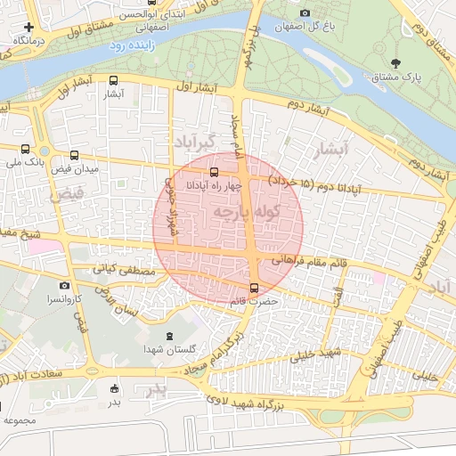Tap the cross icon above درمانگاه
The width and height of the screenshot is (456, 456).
point(29,28)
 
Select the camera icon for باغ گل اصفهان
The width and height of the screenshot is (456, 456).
point(305,12)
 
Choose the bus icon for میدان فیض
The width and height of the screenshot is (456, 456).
point(74,155)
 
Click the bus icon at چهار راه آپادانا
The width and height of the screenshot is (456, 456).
point(214,171)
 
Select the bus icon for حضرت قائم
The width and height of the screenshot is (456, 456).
point(256,288)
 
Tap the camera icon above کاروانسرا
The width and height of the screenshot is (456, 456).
point(64,285)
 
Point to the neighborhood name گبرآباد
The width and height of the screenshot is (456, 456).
point(195,142)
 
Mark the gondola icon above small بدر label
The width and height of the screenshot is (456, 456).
point(114,387)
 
